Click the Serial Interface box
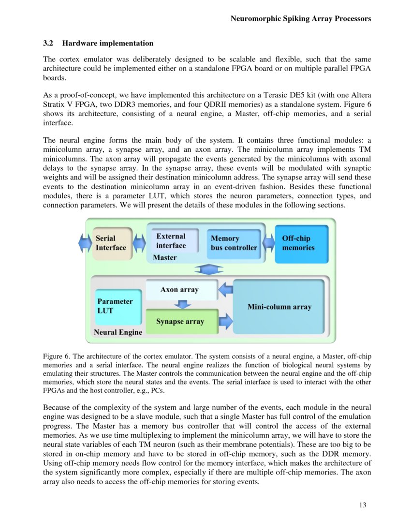pyautogui.click(x=112, y=243)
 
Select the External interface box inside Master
pyautogui.click(x=172, y=241)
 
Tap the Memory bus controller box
pyautogui.click(x=234, y=243)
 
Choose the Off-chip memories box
pyautogui.click(x=301, y=243)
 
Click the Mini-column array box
pyautogui.click(x=279, y=307)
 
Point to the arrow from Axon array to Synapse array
pyautogui.click(x=182, y=305)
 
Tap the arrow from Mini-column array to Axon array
pyautogui.click(x=226, y=290)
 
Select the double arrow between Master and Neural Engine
pyautogui.click(x=208, y=269)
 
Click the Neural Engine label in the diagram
pyautogui.click(x=118, y=332)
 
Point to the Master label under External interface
pyautogui.click(x=165, y=258)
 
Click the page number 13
pyautogui.click(x=363, y=505)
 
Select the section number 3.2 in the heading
pyautogui.click(x=48, y=44)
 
